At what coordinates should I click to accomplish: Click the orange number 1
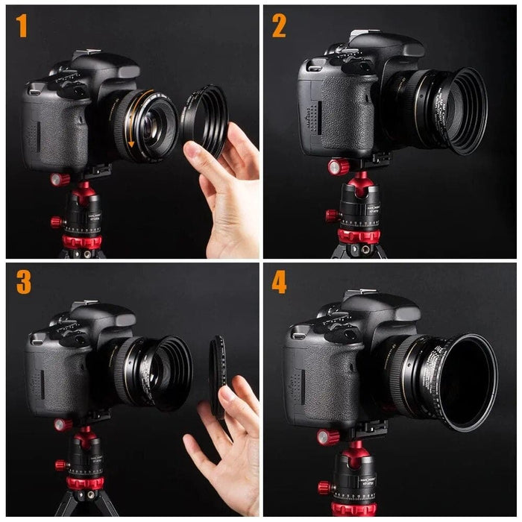point(22,26)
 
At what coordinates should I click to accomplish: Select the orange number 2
point(279,26)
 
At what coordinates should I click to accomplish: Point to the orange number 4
point(279,283)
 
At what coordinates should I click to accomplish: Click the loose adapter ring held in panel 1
point(204,119)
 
